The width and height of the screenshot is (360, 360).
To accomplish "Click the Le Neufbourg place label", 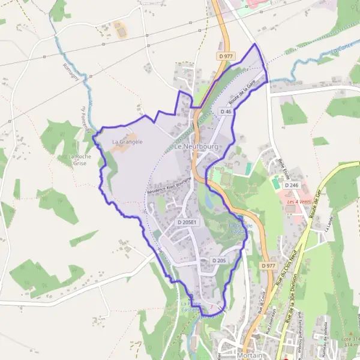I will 196,146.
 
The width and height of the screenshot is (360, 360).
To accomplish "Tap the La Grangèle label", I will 127,142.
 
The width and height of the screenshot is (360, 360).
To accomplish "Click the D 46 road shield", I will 226,112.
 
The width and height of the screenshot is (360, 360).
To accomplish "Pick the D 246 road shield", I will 292,185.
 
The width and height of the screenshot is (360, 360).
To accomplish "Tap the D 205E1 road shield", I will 187,222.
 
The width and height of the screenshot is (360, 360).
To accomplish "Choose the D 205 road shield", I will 218,260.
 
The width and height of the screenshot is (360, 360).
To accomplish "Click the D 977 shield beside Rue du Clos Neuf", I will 268,265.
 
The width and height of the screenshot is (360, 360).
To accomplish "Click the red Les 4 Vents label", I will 299,202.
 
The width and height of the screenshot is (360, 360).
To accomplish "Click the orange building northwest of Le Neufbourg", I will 120,28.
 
